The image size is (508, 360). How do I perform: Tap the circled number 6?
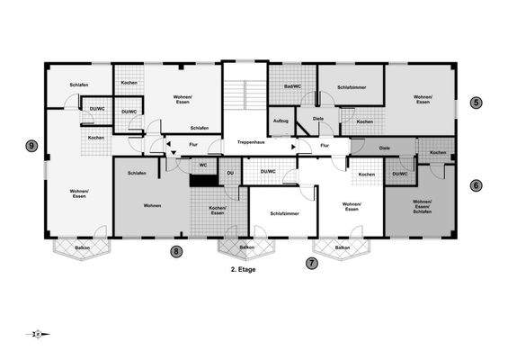(477, 185)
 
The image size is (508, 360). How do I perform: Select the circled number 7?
(312, 263)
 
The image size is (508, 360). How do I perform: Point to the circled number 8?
(176, 252)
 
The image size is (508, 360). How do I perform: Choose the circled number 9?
(32, 146)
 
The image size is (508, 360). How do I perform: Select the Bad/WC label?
(292, 86)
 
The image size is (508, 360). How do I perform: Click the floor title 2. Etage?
(244, 268)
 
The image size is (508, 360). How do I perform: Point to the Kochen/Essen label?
(217, 210)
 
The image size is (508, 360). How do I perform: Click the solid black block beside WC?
(204, 178)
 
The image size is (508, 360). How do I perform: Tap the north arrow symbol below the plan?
(38, 334)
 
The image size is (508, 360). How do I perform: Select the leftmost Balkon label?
(82, 247)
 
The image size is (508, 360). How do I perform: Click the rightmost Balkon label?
(342, 247)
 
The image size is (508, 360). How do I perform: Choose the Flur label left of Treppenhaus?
(192, 143)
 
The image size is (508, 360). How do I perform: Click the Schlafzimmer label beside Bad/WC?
(351, 87)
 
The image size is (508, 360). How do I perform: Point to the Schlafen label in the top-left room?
(79, 85)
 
